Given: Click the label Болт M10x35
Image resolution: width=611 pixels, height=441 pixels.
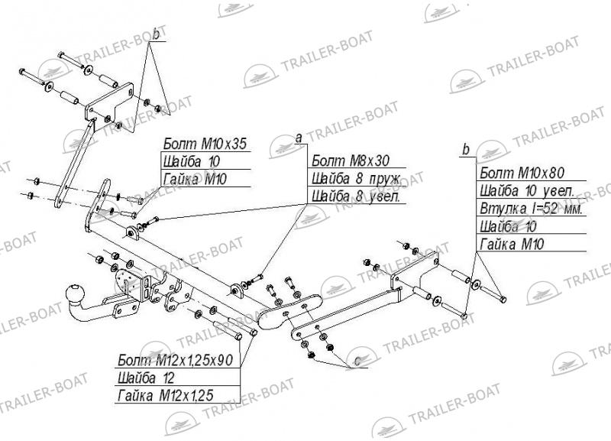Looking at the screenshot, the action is (x=205, y=144).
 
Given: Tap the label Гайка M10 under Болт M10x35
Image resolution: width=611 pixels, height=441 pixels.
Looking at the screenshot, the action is (x=195, y=179).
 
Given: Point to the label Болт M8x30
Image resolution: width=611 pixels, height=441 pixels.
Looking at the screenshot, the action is (x=351, y=161).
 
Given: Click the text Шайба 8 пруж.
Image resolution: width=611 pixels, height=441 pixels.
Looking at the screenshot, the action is (x=356, y=178).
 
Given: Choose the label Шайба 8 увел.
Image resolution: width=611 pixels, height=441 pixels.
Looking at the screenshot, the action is (x=355, y=196).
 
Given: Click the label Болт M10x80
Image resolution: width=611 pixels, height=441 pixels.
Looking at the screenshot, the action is (x=522, y=172).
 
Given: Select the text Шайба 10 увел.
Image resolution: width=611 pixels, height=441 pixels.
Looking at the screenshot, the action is (x=526, y=190).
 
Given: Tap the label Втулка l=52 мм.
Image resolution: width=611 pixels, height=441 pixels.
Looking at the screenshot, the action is (x=531, y=209).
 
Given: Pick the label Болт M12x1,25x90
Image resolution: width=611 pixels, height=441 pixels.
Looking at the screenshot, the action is (x=176, y=359).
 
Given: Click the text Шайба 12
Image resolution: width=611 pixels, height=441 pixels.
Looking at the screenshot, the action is (x=146, y=378).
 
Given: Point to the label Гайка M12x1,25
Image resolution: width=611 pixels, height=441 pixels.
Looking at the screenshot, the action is (x=165, y=396).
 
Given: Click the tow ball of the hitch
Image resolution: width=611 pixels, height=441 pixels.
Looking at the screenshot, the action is (x=76, y=293).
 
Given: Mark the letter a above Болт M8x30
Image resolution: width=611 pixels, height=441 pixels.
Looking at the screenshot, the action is (x=299, y=138).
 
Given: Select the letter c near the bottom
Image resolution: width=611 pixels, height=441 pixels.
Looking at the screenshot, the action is (x=357, y=362).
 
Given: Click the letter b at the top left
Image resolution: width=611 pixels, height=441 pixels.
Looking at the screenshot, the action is (x=157, y=34).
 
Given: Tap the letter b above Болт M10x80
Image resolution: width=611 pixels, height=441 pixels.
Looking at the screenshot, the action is (x=466, y=149).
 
